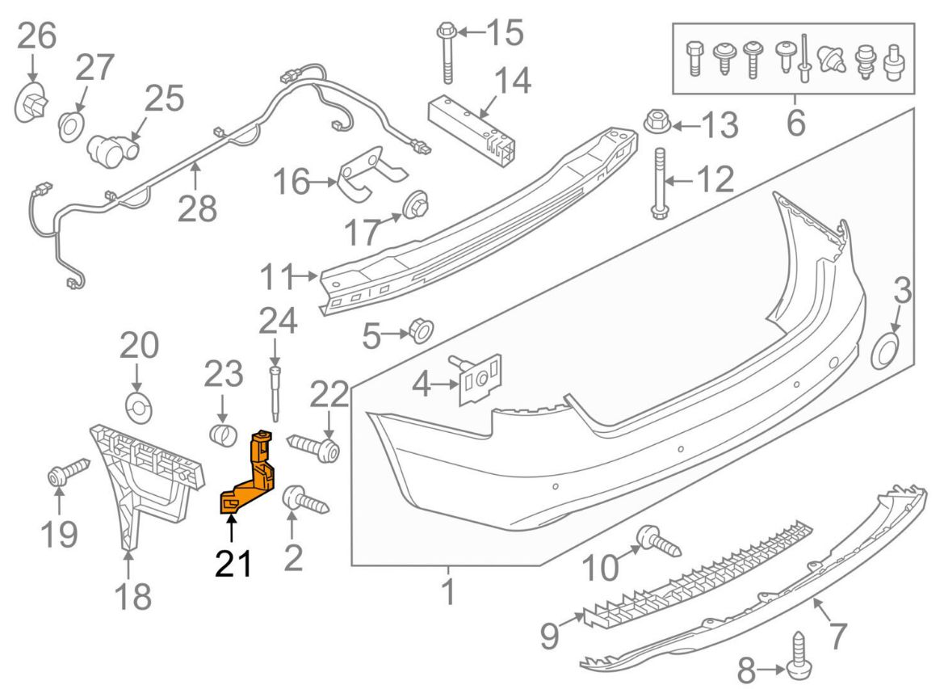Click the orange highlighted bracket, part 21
(252, 477)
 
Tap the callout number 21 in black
(233, 563)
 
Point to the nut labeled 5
(419, 331)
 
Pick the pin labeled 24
(275, 392)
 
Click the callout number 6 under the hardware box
(795, 123)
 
